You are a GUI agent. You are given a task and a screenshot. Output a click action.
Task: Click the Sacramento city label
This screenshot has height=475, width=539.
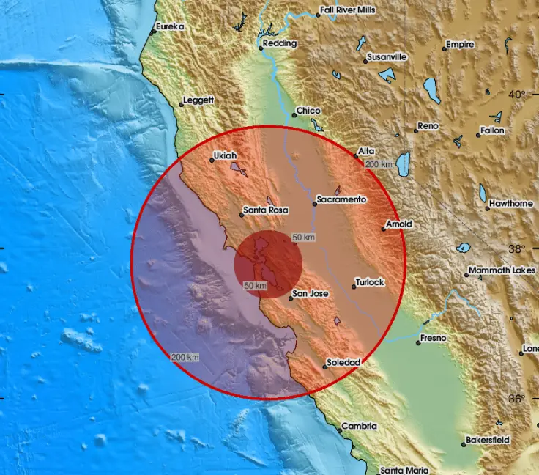tap(342, 199)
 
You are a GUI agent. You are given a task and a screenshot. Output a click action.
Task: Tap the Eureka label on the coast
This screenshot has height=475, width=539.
tap(170, 27)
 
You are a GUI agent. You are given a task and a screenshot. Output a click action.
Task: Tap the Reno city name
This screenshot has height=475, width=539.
tap(428, 126)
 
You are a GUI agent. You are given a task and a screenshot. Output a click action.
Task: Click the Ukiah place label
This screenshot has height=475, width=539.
tap(225, 155)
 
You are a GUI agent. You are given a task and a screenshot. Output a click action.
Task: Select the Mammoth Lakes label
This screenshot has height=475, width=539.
tap(502, 270)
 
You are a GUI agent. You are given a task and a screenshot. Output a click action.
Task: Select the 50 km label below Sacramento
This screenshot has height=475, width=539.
tap(303, 237)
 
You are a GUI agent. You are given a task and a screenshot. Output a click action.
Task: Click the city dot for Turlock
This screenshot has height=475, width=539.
tap(353, 287)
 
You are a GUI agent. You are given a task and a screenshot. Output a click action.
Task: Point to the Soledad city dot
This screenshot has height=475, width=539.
tap(324, 367)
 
